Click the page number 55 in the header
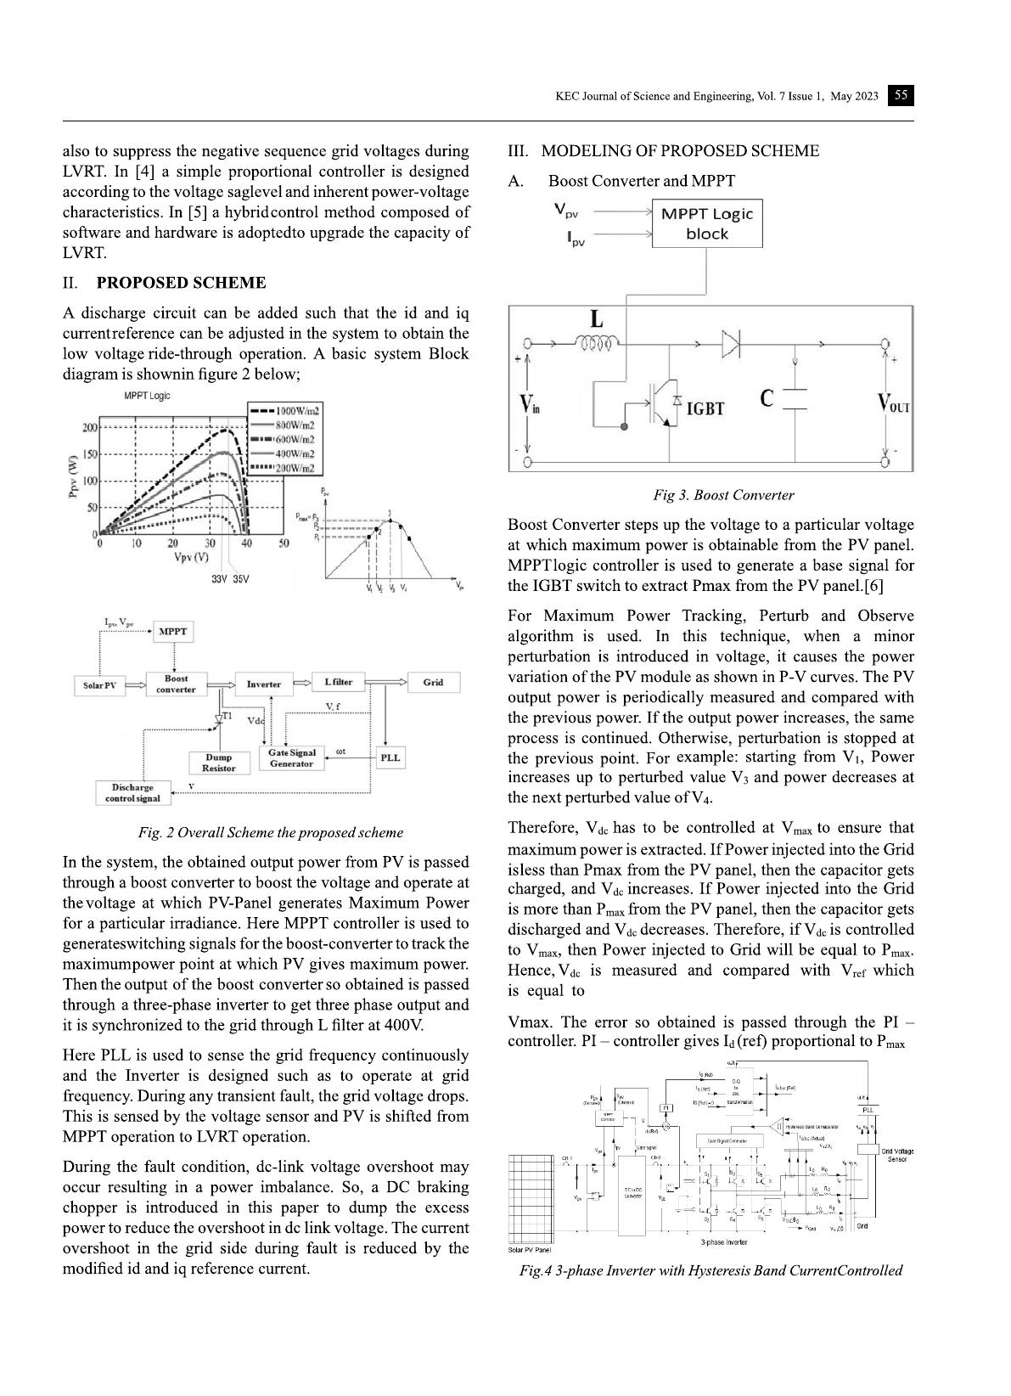click(901, 96)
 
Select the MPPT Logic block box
click(706, 223)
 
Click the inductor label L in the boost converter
click(597, 320)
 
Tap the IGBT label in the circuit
click(705, 408)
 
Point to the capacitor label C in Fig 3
click(767, 399)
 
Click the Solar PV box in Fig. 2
click(99, 684)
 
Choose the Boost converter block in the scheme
click(176, 684)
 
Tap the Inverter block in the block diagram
click(263, 684)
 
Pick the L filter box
click(339, 682)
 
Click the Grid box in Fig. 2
click(433, 682)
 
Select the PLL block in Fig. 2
click(390, 757)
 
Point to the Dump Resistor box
click(218, 763)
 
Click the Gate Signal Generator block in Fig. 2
click(291, 758)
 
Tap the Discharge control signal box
click(132, 793)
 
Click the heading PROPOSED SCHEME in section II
click(181, 283)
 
